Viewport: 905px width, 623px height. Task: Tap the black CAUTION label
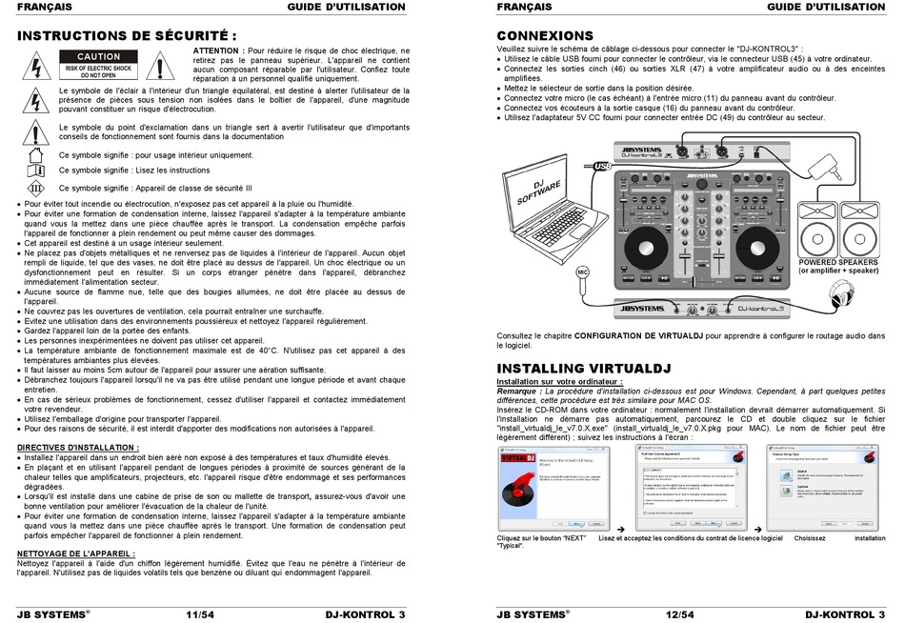(x=99, y=57)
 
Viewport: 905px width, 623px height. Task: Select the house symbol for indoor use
(x=35, y=153)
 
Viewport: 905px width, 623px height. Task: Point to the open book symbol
(x=35, y=170)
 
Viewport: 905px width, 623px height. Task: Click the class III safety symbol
(x=35, y=187)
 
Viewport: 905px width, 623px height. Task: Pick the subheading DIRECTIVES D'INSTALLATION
(x=78, y=447)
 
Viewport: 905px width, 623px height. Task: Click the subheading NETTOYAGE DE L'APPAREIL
(x=76, y=553)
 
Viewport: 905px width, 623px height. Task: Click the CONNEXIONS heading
(x=545, y=34)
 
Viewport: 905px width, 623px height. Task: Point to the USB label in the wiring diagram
(x=602, y=166)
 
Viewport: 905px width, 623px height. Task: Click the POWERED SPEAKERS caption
(x=838, y=266)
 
